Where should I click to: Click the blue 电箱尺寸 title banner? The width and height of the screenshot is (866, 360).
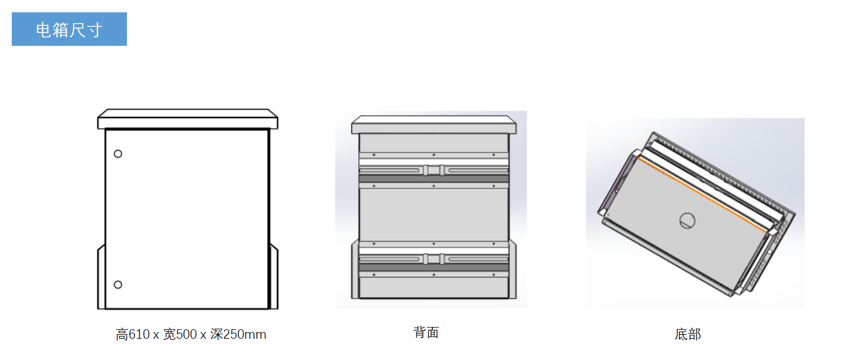click(69, 29)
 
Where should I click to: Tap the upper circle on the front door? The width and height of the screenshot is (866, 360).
click(118, 154)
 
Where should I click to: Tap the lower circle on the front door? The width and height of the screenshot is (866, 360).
click(118, 285)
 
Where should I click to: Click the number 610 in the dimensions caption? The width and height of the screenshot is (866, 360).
click(139, 334)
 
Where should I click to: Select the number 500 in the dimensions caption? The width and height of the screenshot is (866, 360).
click(186, 334)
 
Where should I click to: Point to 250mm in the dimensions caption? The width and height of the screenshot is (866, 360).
click(244, 334)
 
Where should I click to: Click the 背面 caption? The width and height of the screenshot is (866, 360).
click(426, 333)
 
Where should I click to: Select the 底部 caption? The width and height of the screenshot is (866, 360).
click(688, 334)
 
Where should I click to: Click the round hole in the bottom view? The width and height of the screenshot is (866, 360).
click(688, 221)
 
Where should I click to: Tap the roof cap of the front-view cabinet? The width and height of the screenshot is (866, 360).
click(187, 119)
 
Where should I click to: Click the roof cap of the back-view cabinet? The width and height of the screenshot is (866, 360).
click(434, 125)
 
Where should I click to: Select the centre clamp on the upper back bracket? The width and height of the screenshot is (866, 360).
click(434, 170)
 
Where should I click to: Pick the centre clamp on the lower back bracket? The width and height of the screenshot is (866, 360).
click(434, 259)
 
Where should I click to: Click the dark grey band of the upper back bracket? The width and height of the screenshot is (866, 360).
click(434, 179)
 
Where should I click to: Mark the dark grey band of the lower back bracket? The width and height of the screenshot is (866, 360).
click(434, 268)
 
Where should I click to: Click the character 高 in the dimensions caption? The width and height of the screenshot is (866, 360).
click(122, 334)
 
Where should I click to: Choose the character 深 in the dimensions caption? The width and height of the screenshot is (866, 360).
click(216, 334)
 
